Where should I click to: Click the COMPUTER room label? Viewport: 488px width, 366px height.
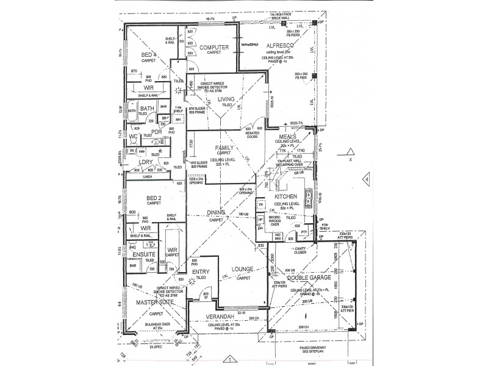pyautogui.click(x=213, y=47)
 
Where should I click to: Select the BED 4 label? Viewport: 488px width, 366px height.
pyautogui.click(x=149, y=55)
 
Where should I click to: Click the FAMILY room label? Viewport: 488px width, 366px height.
pyautogui.click(x=224, y=148)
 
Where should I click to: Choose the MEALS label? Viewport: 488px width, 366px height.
pyautogui.click(x=287, y=137)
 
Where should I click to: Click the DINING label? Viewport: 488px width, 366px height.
pyautogui.click(x=215, y=212)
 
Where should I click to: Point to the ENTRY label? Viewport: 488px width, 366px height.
pyautogui.click(x=201, y=271)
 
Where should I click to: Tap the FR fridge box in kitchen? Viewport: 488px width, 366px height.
pyautogui.click(x=261, y=205)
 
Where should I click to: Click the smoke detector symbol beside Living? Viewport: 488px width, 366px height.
pyautogui.click(x=179, y=91)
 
